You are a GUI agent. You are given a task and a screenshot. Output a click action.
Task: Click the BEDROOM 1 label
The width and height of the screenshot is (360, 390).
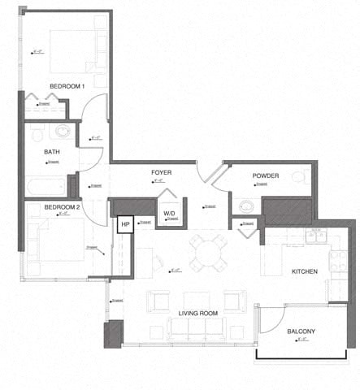(67, 86)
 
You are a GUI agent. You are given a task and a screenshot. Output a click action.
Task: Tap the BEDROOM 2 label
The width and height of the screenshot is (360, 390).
(62, 207)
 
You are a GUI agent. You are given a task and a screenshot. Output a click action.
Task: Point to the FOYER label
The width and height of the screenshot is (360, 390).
(161, 173)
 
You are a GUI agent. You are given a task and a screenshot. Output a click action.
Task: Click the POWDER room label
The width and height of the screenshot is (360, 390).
(266, 175)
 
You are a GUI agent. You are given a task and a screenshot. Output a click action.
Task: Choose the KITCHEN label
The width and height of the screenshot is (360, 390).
(305, 271)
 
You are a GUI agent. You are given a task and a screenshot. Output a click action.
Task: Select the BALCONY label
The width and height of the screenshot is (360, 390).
(301, 331)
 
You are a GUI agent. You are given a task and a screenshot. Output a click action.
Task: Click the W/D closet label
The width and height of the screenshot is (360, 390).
(169, 214)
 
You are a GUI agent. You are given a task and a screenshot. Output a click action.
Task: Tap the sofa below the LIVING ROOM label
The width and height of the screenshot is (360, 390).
(197, 327)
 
